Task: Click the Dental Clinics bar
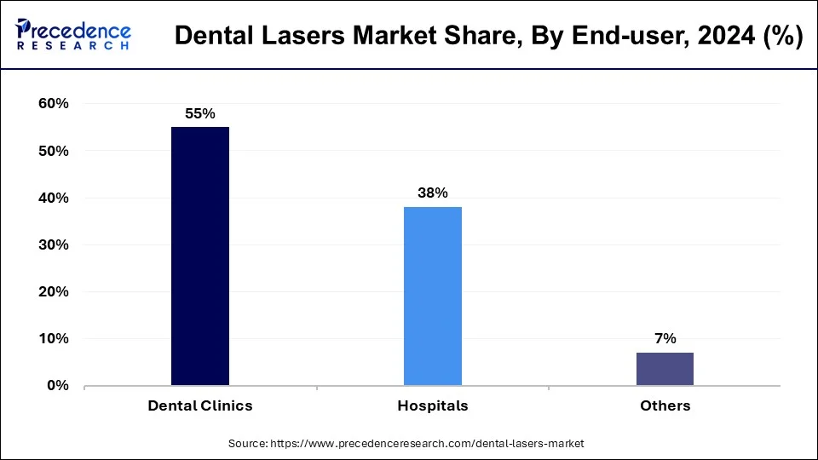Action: point(200,256)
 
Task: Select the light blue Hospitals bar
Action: point(433,296)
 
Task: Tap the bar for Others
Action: point(665,369)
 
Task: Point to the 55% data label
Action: point(200,112)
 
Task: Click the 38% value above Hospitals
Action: point(433,193)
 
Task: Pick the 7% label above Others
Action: point(665,338)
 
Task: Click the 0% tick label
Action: point(56,385)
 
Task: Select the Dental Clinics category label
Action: point(200,405)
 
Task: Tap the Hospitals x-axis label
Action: point(433,405)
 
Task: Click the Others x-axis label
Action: point(665,405)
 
